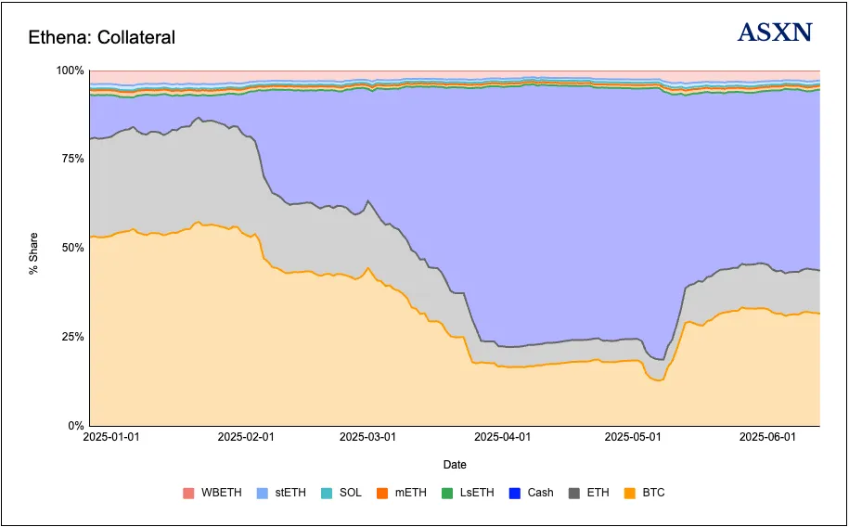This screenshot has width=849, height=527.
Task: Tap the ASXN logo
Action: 775,33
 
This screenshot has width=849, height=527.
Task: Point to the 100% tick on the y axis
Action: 70,71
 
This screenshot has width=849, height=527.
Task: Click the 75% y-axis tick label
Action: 72,159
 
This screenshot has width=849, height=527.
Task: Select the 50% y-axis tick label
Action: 72,248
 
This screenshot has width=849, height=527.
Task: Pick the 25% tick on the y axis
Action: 72,337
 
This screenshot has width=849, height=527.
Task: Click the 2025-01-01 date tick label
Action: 111,436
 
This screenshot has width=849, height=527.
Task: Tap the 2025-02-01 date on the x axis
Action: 247,436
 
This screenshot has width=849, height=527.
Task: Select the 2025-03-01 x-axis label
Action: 367,436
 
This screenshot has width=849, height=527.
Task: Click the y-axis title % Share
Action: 32,249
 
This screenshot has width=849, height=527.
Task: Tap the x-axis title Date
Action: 455,464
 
